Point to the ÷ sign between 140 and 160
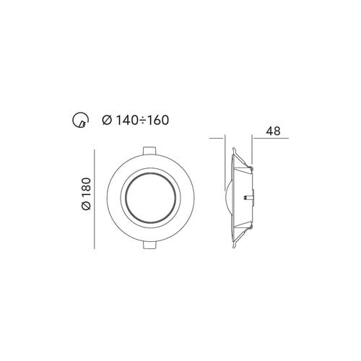pos(142,121)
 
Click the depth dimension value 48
pos(273,131)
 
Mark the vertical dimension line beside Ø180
pos(95,198)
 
